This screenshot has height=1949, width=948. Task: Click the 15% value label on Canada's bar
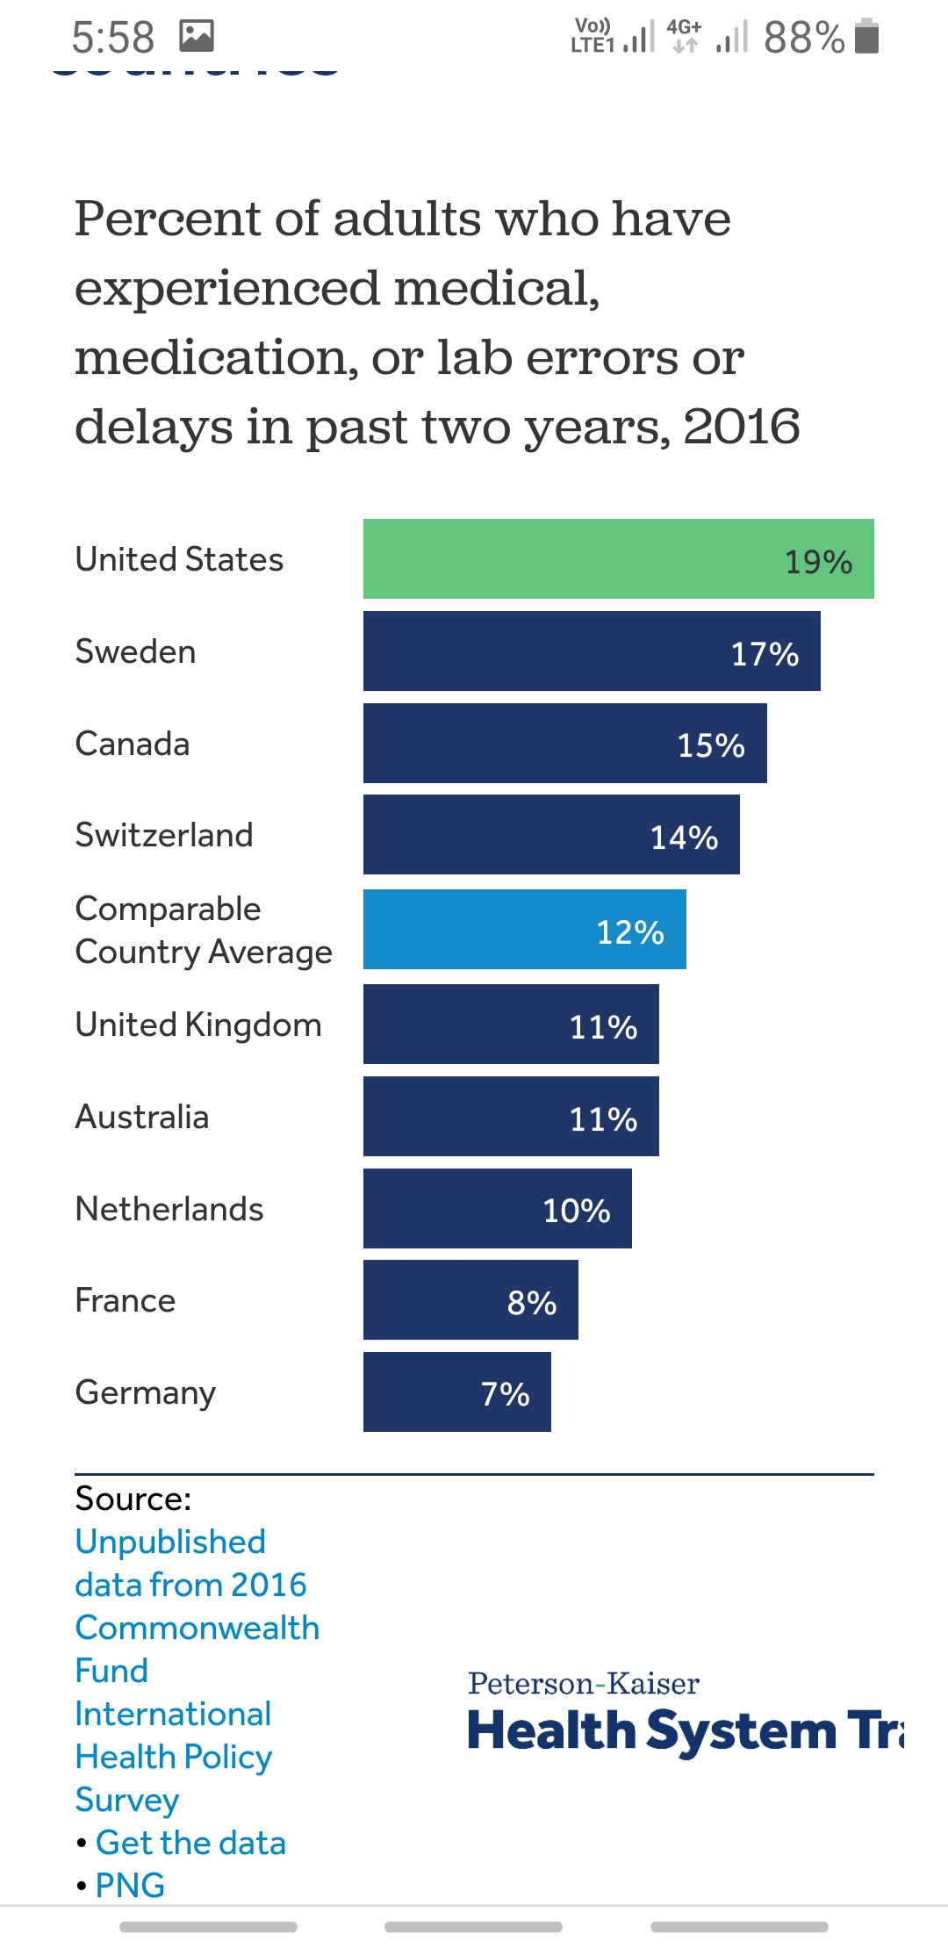(711, 745)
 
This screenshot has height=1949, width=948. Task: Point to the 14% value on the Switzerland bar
(684, 838)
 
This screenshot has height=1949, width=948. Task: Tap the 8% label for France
(532, 1303)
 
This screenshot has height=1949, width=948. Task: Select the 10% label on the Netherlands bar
(577, 1211)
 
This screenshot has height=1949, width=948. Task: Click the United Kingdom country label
(198, 1025)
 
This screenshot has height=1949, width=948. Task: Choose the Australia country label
(142, 1118)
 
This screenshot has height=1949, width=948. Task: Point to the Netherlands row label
(169, 1210)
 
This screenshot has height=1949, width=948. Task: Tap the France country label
(126, 1301)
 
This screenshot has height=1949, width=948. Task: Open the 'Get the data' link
(190, 1843)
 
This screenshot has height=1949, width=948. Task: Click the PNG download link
(130, 1885)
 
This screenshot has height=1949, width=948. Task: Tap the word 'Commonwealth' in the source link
(197, 1628)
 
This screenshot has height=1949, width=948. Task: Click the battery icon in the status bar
(866, 37)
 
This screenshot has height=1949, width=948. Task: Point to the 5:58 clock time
(112, 38)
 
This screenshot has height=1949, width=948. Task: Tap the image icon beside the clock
(197, 36)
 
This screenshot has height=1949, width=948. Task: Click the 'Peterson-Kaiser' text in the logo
(584, 1684)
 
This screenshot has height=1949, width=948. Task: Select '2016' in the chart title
(742, 428)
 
